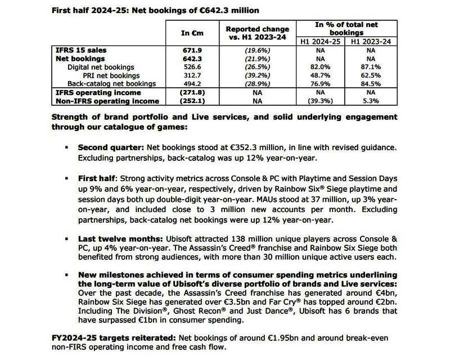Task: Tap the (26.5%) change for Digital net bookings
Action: click(257, 67)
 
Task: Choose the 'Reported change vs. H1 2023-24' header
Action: click(257, 33)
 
